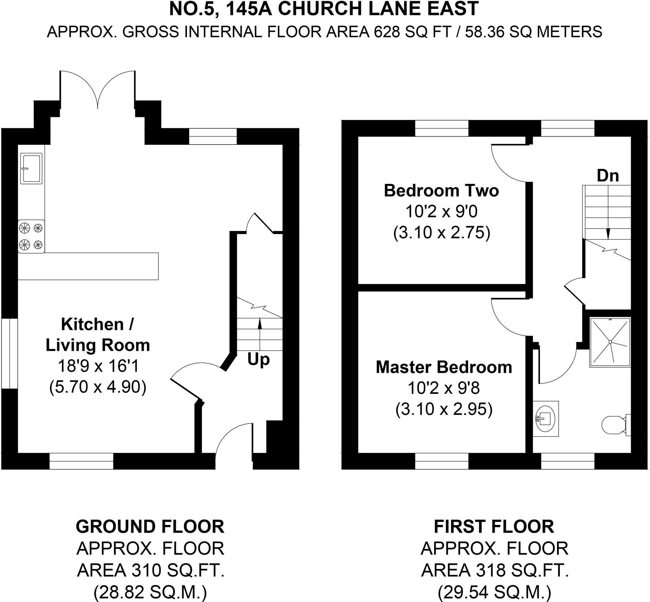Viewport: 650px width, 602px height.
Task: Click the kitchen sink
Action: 31,168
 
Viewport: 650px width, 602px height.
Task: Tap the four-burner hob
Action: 31,236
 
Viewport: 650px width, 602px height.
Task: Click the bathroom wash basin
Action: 546,418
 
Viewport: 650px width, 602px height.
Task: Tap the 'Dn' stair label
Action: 608,176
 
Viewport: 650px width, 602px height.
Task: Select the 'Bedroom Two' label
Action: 441,191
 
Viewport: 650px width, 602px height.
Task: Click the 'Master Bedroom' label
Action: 444,367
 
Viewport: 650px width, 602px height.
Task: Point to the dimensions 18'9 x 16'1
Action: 98,366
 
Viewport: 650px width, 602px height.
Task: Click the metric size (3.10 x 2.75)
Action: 442,233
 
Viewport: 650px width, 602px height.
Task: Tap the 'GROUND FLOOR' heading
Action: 150,527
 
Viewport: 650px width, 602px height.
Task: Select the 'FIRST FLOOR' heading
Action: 494,527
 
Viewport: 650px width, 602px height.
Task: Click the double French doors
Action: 97,90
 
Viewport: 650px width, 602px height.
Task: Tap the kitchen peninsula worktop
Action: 88,266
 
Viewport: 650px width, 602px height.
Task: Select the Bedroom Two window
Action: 442,128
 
